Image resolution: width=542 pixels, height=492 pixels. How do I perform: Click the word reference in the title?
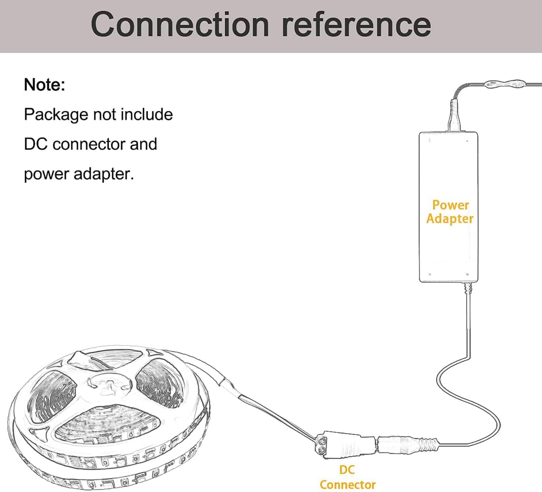pos(356,24)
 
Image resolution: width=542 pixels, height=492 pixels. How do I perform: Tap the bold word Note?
pos(45,84)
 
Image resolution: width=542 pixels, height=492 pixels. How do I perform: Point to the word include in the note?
pos(147,115)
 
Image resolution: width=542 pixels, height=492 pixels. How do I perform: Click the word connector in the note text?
pos(89,144)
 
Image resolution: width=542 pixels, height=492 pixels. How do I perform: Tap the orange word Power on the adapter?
pos(450,205)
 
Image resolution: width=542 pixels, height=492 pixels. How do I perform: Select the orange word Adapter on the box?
pos(450,218)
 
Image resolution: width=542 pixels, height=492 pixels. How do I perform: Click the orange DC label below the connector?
pos(346,470)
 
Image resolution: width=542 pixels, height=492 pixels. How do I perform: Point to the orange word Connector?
pos(347,485)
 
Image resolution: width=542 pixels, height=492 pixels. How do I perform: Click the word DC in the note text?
pos(35,144)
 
